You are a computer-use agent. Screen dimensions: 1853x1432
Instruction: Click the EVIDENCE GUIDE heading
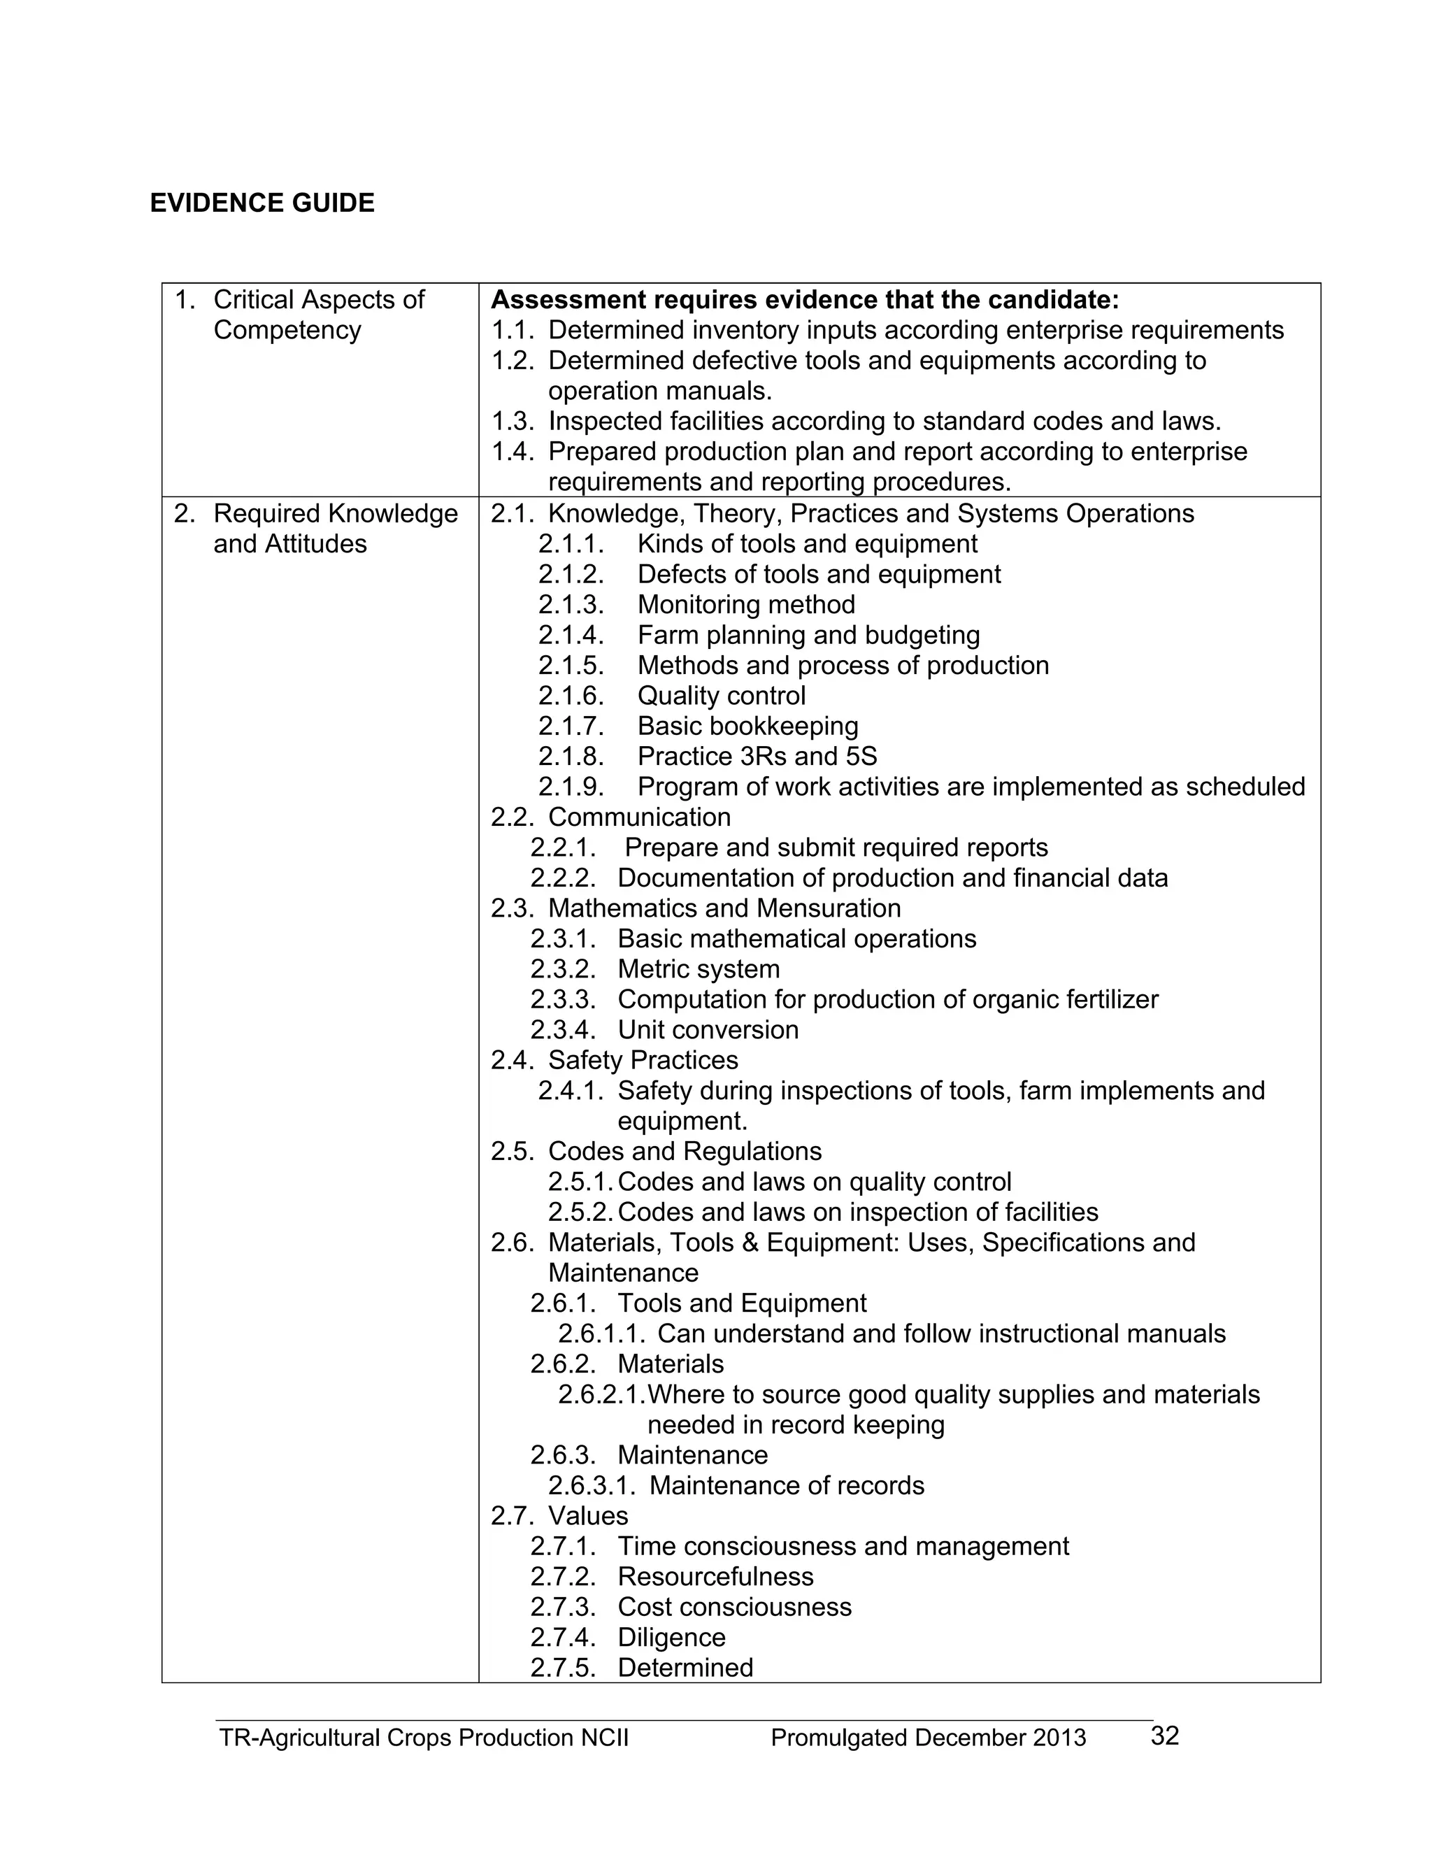(x=262, y=203)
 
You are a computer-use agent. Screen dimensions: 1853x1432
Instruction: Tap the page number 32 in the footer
(x=1164, y=1736)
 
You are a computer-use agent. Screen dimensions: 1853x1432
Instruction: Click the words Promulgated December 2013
(x=928, y=1738)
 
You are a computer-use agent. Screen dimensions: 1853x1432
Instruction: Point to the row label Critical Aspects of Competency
(x=318, y=315)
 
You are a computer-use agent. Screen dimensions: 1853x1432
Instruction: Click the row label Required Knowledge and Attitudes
(x=335, y=529)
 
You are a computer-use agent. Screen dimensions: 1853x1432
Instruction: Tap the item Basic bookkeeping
(x=747, y=727)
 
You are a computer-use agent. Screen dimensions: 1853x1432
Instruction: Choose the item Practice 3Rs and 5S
(x=757, y=756)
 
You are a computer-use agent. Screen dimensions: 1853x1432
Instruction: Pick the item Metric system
(x=699, y=969)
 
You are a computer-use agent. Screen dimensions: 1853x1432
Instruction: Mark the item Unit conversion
(x=708, y=1030)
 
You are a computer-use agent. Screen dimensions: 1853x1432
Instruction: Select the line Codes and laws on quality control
(x=814, y=1182)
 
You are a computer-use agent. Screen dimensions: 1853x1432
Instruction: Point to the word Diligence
(x=671, y=1638)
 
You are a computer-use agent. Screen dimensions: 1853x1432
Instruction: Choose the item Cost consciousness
(x=733, y=1607)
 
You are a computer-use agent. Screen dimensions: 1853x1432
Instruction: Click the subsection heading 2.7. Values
(x=559, y=1515)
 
